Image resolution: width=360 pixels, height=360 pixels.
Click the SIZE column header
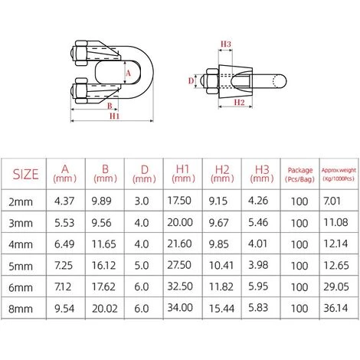(26, 174)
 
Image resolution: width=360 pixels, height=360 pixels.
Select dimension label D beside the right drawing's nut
(191, 79)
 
